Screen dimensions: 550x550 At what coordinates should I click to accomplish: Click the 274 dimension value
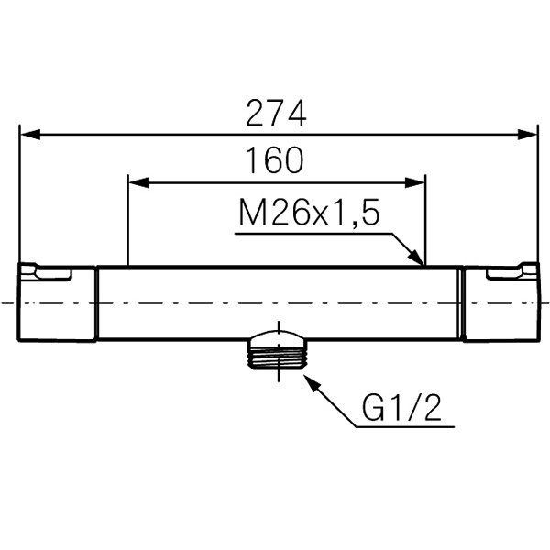275,113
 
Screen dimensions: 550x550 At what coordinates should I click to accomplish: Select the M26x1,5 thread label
308,214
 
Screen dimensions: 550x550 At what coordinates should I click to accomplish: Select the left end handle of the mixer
57,302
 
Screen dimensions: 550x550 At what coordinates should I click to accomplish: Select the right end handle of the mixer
500,302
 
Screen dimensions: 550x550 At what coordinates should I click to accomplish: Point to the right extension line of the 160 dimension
426,220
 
